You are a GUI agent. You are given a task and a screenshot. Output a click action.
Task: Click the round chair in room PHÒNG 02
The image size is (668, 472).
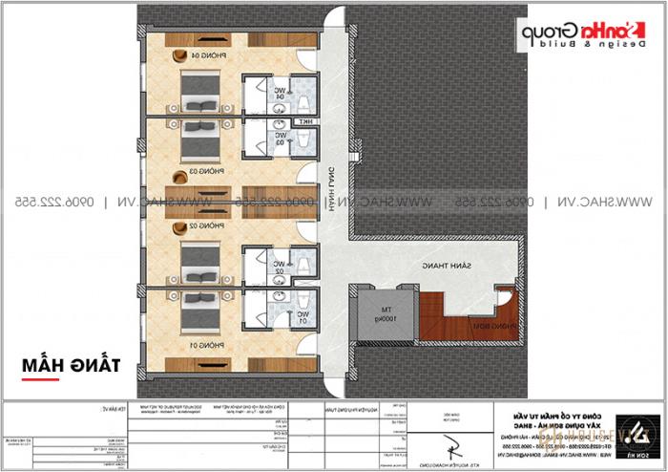pos(179,229)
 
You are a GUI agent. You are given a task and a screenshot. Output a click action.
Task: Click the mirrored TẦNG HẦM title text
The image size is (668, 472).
pos(63,365)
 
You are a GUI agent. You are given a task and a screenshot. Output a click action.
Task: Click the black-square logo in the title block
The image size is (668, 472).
pos(633,431)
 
